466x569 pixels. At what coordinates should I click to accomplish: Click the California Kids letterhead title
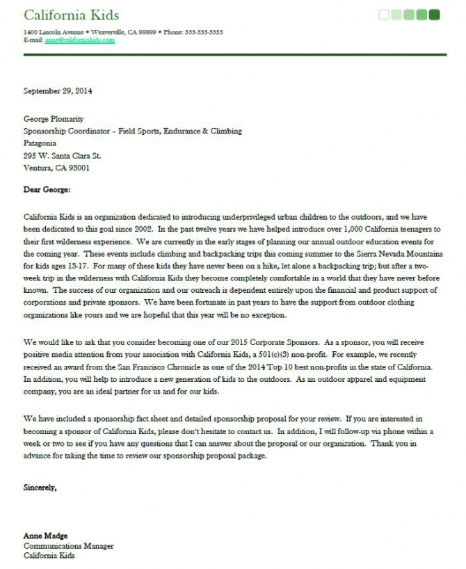[71, 15]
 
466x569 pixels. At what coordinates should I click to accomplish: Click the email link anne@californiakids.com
[80, 40]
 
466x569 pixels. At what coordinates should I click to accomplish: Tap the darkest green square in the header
[435, 14]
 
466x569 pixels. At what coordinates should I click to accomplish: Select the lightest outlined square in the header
[384, 14]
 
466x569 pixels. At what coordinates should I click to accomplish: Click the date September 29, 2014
[58, 90]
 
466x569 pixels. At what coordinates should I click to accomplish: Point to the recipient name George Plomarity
[54, 119]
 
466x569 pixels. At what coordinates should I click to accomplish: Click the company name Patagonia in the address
[40, 143]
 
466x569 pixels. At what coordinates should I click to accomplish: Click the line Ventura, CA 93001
[56, 168]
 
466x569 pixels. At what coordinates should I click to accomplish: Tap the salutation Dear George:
[47, 189]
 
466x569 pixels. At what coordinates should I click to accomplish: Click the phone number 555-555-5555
[204, 32]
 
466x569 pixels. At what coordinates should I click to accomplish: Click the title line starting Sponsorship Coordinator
[132, 131]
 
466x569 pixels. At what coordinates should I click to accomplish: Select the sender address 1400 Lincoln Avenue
[54, 32]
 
